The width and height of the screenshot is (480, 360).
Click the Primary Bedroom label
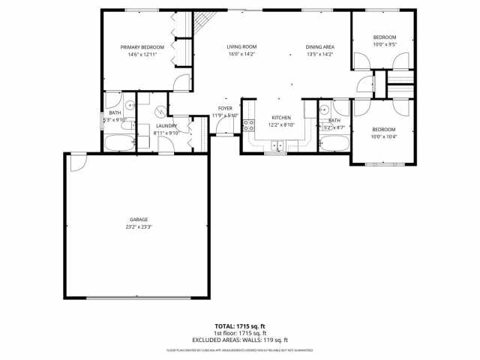coord(142,46)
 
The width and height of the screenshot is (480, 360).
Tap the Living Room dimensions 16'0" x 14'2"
coord(241,54)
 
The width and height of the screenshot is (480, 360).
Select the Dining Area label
coord(319,46)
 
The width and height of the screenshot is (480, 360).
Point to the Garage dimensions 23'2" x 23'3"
coord(139,227)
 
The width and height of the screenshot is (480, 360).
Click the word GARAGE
coord(139,220)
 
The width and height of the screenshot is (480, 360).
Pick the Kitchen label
coord(281,118)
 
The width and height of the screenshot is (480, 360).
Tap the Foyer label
coord(225,108)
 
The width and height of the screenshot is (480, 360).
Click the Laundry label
coord(166,125)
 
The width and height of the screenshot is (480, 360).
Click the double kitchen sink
coord(278,145)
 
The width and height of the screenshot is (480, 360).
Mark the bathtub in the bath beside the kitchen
coord(333,143)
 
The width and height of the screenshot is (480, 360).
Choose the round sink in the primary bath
coord(129,106)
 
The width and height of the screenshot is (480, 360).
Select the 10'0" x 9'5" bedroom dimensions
coord(384,44)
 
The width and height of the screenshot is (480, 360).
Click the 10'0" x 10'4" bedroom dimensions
coord(384,136)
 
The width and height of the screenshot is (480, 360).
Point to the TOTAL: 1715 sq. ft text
coord(241,326)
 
